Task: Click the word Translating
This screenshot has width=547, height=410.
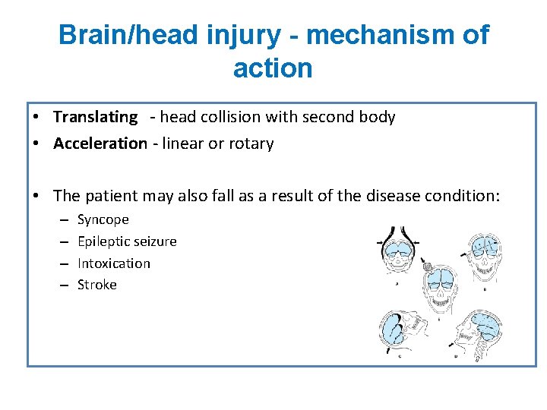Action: coord(95,117)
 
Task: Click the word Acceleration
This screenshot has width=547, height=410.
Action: coord(100,143)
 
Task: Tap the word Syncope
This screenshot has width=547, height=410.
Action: coord(103,219)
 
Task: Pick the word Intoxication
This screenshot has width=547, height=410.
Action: coord(114,263)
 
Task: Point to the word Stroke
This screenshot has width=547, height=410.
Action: coord(97,285)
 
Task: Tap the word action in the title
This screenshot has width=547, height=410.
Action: coord(273,68)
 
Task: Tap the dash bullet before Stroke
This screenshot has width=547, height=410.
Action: coord(62,285)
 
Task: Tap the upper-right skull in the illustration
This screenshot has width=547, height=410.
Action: coord(482,254)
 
